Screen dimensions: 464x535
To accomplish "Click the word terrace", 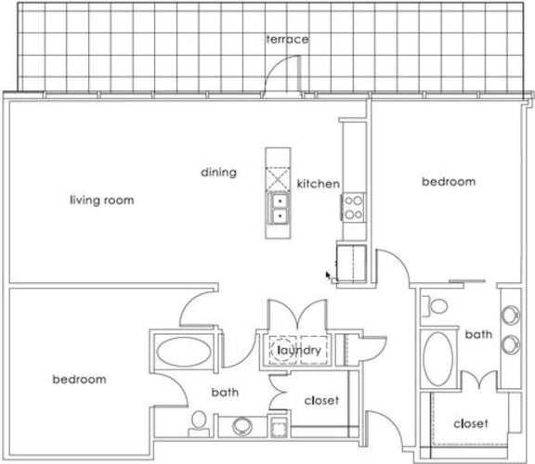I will click(286, 39).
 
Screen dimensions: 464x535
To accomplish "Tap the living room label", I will click(102, 200).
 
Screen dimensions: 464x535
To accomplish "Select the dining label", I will click(219, 172).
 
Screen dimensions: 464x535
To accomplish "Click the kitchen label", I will click(318, 184).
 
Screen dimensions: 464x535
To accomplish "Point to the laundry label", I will click(297, 350).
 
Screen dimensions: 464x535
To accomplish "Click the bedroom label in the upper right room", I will click(449, 182).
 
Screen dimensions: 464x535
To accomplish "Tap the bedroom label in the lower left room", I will click(78, 379).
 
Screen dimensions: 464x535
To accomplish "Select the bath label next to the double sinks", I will click(478, 334).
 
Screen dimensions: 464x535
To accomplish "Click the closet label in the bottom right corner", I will click(471, 423).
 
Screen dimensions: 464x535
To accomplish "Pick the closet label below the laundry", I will click(321, 400).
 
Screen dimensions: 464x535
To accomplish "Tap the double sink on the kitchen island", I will click(279, 209).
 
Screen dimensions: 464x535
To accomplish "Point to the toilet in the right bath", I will click(435, 305).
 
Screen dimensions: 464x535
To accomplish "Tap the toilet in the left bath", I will click(197, 424).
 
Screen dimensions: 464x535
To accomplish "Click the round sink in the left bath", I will click(241, 427).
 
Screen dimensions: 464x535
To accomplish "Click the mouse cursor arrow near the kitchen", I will click(328, 275).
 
